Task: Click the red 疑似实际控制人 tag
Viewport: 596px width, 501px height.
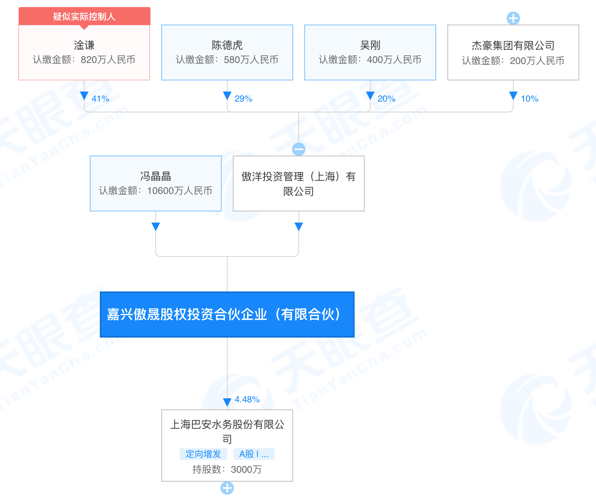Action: coord(84,16)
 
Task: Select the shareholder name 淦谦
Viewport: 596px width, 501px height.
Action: coord(84,45)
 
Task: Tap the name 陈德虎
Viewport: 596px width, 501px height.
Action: coord(227,45)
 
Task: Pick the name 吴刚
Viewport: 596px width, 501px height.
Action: coord(370,45)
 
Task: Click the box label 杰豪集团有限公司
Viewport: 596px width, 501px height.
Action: coord(513,46)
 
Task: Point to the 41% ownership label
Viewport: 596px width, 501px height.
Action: coord(100,99)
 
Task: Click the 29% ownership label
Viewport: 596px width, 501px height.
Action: coord(243,99)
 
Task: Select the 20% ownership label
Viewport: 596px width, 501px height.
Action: coord(386,99)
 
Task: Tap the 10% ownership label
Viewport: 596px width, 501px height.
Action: coord(529,99)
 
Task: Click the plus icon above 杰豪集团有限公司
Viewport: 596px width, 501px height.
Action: coord(513,18)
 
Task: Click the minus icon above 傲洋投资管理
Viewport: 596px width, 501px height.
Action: coord(299,149)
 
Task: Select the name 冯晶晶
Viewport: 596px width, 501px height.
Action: coord(156,176)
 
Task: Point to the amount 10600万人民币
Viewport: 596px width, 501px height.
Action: coord(180,191)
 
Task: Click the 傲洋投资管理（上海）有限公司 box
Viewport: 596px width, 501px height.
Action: coord(299,184)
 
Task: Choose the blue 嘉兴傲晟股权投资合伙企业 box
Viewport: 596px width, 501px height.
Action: coord(227,315)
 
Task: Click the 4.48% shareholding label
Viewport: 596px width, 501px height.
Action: coord(247,399)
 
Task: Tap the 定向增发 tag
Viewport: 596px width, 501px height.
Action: coord(203,454)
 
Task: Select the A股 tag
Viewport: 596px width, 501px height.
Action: coord(254,454)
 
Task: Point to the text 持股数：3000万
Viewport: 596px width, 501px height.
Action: coord(227,469)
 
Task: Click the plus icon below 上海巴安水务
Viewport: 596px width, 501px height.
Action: coord(227,488)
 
